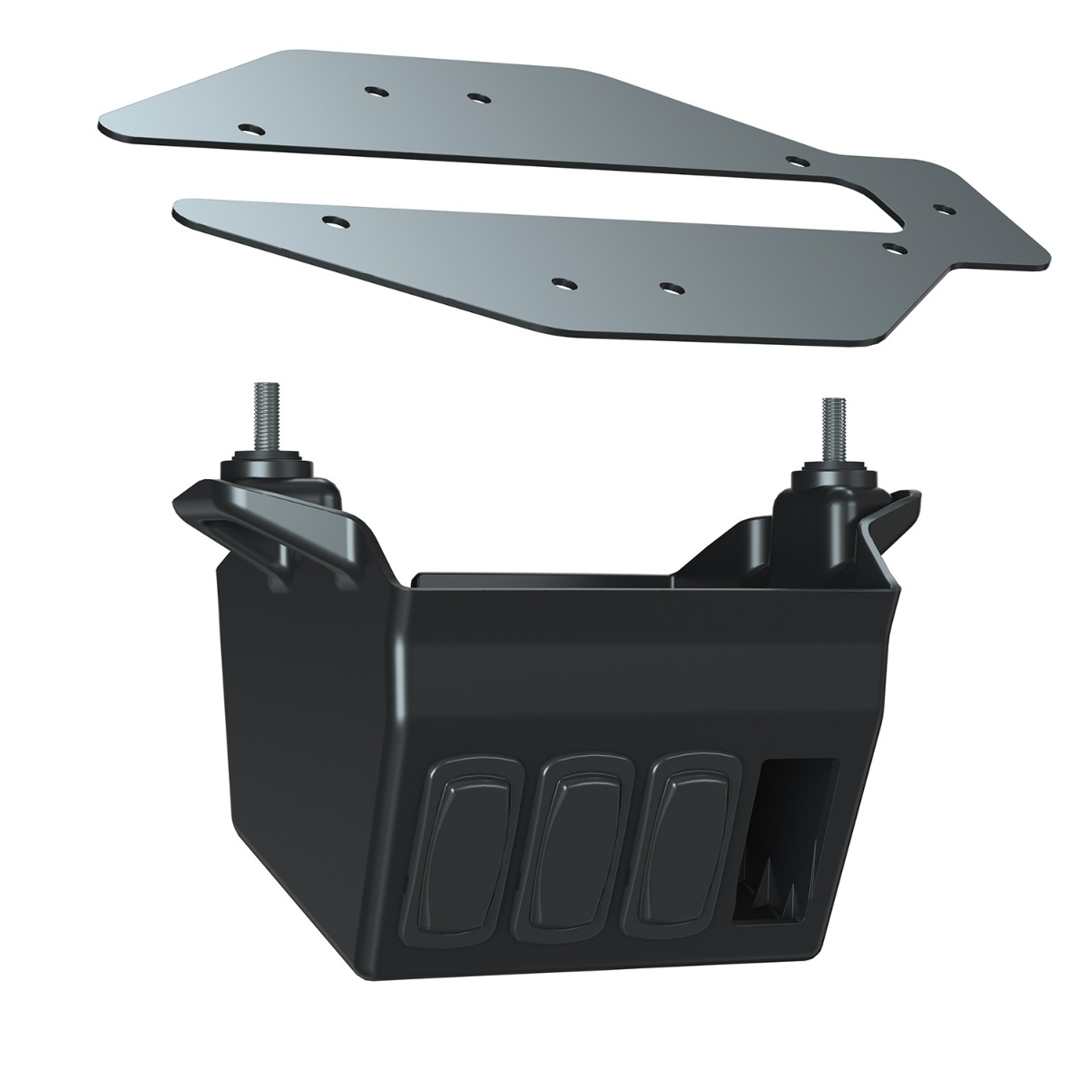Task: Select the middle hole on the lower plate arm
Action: [562, 283]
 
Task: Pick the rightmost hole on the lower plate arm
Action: [670, 289]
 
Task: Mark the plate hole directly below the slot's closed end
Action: [894, 246]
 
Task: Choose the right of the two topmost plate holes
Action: [476, 96]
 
